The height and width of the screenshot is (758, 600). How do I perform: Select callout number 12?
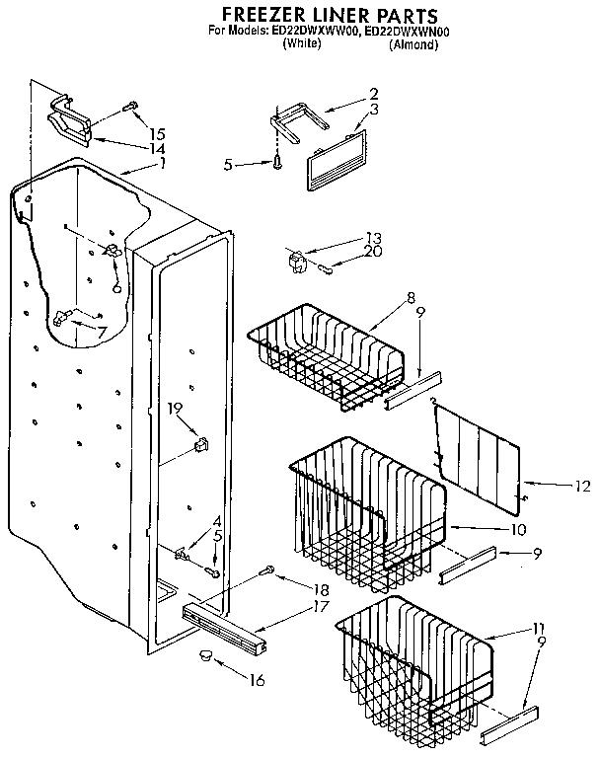[x=581, y=485]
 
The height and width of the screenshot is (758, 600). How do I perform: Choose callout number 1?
[x=163, y=163]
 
